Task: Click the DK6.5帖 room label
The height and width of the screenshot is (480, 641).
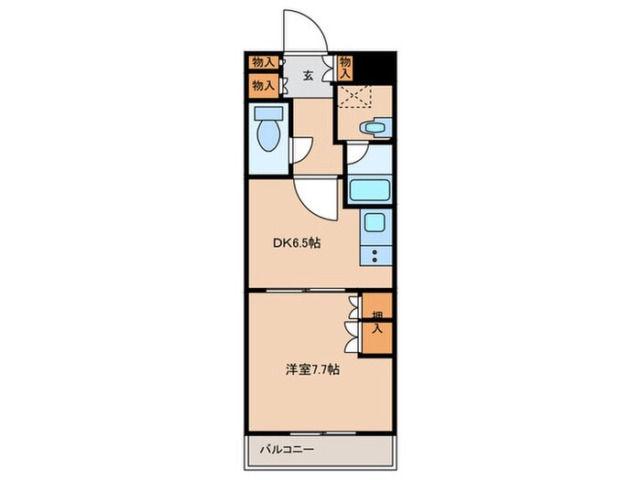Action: point(297,243)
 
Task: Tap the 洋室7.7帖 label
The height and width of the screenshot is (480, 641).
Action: point(312,369)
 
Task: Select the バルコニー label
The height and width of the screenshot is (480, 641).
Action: point(288,450)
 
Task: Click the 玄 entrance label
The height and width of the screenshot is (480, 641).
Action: point(308,75)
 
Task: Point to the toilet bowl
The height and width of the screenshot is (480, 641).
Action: point(268,135)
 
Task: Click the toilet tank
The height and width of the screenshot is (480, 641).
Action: point(268,113)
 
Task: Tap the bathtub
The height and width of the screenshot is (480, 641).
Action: point(370,189)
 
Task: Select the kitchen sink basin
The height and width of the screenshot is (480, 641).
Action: point(375,222)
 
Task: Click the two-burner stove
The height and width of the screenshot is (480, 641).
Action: point(375,256)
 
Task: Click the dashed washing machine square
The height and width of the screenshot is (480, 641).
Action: point(355,96)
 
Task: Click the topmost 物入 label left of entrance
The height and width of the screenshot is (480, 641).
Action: point(263,62)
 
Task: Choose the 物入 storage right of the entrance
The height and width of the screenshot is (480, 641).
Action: point(345,69)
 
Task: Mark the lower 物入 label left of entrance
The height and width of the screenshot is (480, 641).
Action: point(263,85)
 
